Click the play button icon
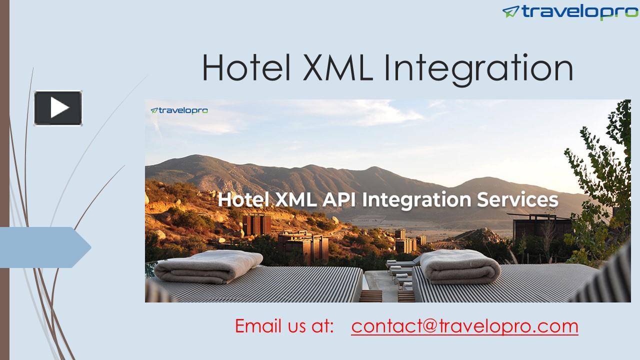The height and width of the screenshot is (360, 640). click(58, 108)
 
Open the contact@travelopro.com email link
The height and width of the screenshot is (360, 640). click(464, 326)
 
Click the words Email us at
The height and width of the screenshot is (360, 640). click(284, 326)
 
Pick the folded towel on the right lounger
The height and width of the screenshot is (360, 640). click(460, 266)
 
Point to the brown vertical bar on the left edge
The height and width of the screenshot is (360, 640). click(4, 180)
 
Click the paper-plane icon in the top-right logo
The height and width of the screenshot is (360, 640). click(510, 11)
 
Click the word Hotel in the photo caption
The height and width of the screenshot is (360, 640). click(243, 199)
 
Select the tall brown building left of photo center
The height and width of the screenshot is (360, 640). click(256, 224)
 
